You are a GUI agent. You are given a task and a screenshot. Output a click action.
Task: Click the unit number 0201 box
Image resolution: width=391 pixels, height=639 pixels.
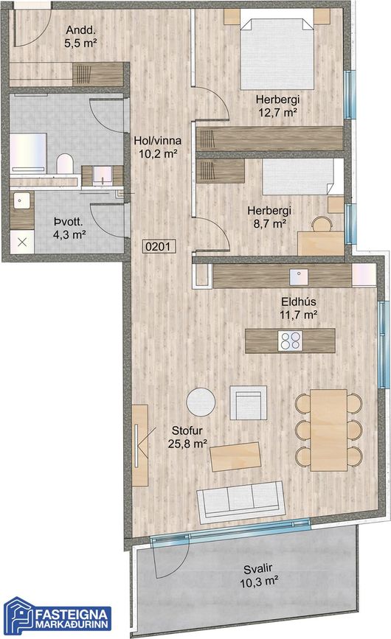coord(159,247)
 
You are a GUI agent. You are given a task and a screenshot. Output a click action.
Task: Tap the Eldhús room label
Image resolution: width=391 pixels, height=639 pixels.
coord(299,302)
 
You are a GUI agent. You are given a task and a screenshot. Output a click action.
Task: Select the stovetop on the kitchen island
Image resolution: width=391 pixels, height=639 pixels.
coord(290,341)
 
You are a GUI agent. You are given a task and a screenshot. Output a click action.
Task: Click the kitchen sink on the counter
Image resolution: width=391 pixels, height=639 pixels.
coord(299,277)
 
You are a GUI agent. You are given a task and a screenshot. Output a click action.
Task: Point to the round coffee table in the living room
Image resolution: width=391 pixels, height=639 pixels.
coord(201,402)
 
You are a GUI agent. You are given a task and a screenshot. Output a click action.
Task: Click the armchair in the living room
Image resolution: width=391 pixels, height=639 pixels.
coord(249,402)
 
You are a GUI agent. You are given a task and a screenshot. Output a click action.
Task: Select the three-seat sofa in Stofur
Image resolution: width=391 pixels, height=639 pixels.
coord(241,502)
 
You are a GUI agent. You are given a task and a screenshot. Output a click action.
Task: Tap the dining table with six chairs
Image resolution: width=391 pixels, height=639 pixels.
coord(328,430)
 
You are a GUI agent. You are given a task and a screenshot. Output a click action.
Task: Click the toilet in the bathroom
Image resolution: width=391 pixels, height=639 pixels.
coord(65,164)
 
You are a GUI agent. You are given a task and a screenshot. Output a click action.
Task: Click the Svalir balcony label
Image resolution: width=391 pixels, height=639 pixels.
coord(258,569)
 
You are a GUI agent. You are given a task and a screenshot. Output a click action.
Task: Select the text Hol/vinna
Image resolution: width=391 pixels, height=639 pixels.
coord(158,141)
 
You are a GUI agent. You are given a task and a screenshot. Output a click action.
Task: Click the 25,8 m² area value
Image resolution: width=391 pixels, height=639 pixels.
coord(187,444)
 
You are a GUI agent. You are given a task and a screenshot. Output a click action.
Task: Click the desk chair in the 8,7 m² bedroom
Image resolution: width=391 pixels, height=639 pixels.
coord(322,224)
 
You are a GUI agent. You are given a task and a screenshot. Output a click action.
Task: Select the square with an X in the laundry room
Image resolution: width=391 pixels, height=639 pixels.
coord(22,242)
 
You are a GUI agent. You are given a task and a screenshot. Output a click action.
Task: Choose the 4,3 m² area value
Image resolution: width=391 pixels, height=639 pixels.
coord(69,234)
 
